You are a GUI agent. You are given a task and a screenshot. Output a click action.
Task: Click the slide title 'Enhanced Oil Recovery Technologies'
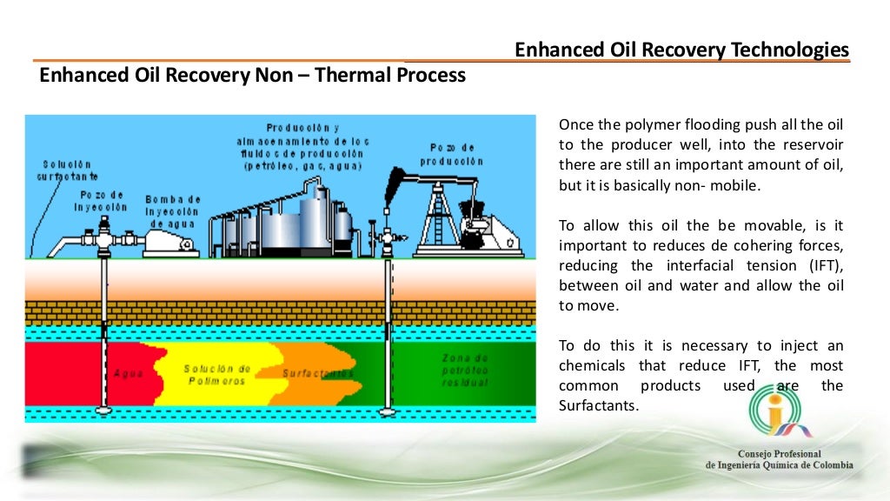pos(681,50)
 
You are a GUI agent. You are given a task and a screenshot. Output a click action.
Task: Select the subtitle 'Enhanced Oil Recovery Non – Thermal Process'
pos(253,76)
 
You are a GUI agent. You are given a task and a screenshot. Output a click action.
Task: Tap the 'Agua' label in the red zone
pos(129,374)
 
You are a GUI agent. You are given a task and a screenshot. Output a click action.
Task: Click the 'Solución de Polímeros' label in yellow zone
pos(217,375)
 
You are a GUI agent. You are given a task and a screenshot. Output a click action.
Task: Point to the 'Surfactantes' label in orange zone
pos(317,373)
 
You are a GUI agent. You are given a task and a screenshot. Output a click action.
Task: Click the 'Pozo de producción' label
pos(452,155)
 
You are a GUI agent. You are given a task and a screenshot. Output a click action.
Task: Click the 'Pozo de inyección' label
pos(103,201)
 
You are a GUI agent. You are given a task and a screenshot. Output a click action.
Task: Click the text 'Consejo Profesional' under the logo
pos(780,454)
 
